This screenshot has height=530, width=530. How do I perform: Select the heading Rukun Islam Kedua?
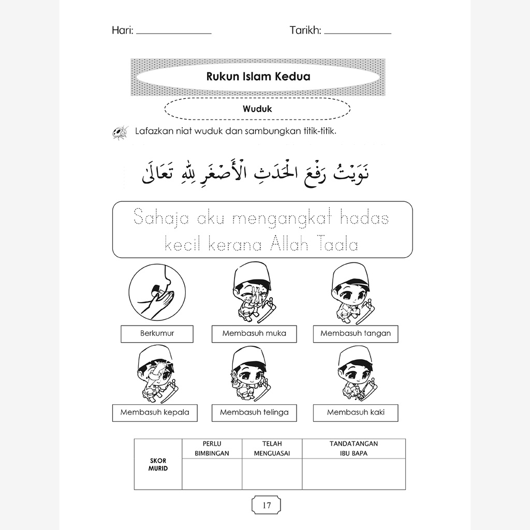258,77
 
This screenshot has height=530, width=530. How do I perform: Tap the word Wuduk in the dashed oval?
257,109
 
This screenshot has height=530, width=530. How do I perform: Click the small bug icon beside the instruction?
120,132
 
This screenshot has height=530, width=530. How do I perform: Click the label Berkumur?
157,333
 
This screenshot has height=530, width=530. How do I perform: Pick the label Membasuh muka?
254,333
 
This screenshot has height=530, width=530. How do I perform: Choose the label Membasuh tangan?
356,333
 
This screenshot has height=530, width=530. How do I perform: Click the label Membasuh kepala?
155,413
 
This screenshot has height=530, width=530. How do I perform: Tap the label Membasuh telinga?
254,413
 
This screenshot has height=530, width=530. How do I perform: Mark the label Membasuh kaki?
356,413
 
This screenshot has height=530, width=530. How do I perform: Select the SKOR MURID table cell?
158,464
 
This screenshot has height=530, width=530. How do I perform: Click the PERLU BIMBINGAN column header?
212,448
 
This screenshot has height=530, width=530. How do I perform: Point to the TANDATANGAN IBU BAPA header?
354,448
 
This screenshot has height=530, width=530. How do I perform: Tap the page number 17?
267,505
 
